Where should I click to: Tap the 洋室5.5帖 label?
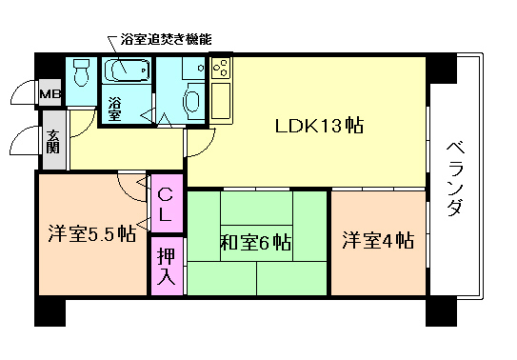(90, 234)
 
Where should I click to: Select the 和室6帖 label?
(256, 241)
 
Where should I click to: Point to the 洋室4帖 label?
(378, 240)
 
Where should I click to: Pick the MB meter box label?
(49, 93)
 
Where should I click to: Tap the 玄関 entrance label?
(53, 140)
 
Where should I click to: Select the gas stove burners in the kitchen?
(219, 70)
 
